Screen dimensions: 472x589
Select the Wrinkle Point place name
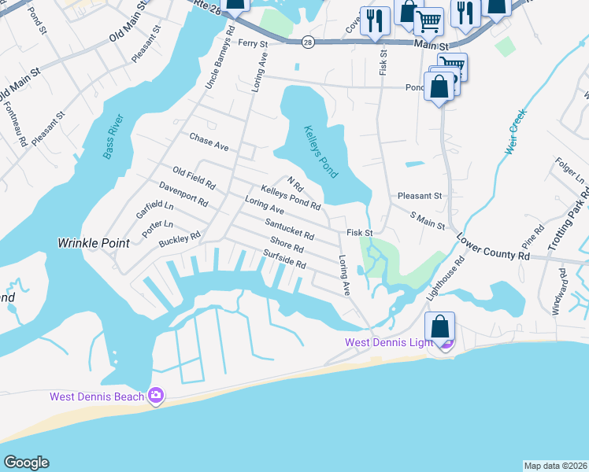point(93,243)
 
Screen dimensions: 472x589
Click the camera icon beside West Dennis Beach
point(156,396)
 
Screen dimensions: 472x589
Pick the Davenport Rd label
point(183,196)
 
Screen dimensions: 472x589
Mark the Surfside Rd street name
point(284,260)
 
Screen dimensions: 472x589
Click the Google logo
point(26,463)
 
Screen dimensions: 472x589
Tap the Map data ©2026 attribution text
point(555,466)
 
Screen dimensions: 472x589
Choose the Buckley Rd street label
point(180,238)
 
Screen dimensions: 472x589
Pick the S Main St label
point(428,220)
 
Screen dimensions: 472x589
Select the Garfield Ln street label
point(154,208)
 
